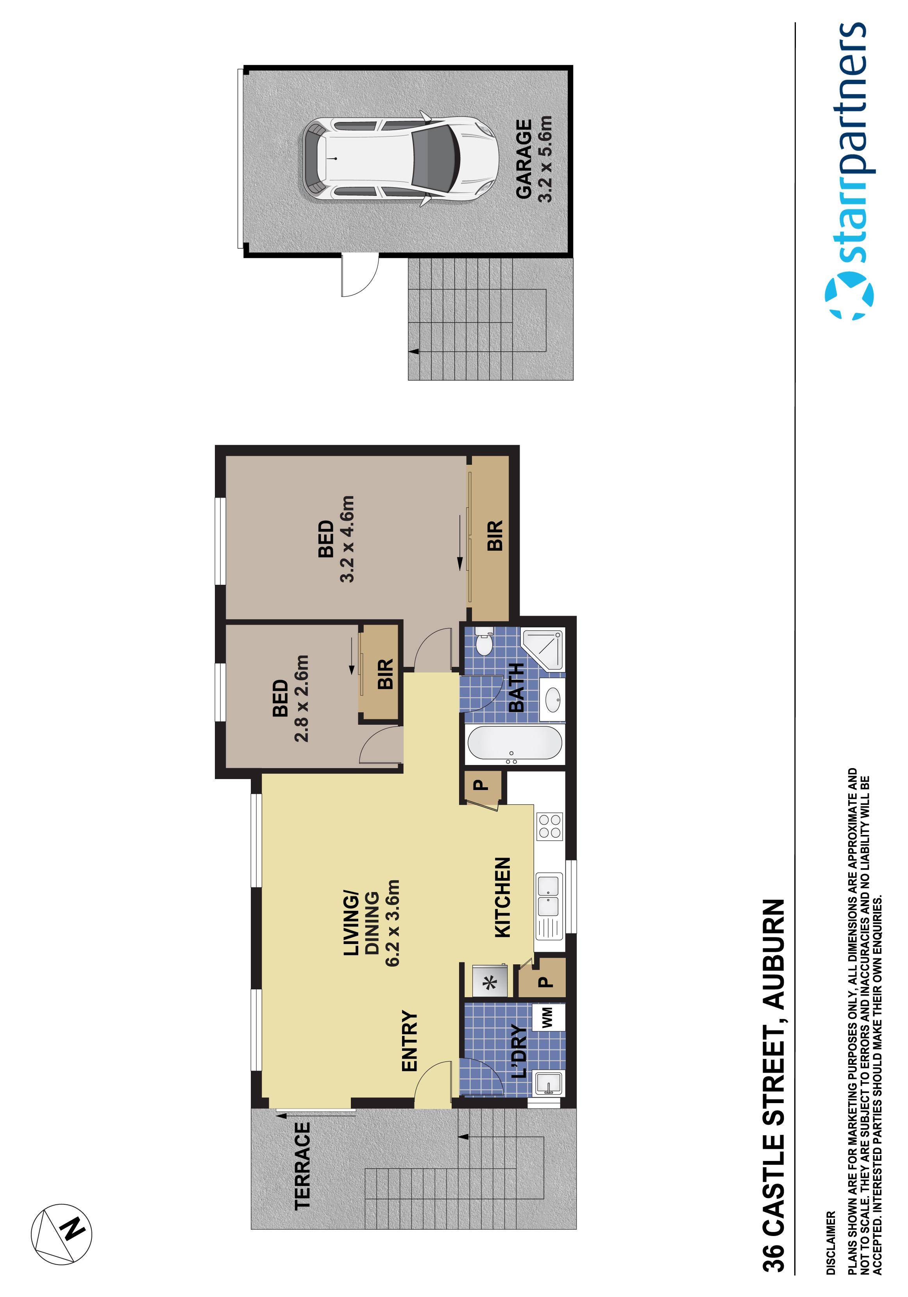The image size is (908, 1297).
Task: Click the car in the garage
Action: pos(400,159)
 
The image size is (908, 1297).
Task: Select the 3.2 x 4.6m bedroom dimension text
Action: pos(346,539)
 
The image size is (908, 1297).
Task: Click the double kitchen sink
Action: pos(549,896)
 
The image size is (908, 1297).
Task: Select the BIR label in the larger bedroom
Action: pos(494,536)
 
